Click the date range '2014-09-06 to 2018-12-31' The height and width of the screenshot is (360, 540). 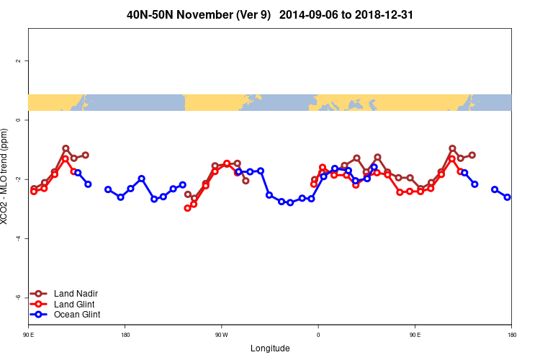[x=346, y=14]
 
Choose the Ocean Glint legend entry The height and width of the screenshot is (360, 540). [x=76, y=315]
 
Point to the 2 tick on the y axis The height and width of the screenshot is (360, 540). [x=18, y=61]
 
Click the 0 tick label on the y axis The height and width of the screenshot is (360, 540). [x=18, y=120]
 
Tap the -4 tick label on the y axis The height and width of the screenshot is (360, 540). [x=18, y=238]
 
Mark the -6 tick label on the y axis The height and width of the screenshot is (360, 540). [x=18, y=297]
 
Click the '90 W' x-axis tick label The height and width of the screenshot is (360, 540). [x=221, y=335]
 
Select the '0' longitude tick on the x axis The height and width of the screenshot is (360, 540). [x=318, y=335]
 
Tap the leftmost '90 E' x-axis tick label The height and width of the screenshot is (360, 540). [x=28, y=335]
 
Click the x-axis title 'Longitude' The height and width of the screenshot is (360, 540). [x=270, y=348]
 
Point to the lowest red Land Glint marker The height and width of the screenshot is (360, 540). [x=188, y=208]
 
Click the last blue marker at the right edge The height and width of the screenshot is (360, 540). [x=508, y=197]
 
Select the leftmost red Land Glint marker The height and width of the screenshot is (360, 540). [x=34, y=192]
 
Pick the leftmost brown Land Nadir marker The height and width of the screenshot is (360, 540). [x=34, y=189]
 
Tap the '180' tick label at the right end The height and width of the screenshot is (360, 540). [x=511, y=335]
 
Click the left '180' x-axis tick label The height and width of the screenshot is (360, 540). [x=125, y=335]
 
